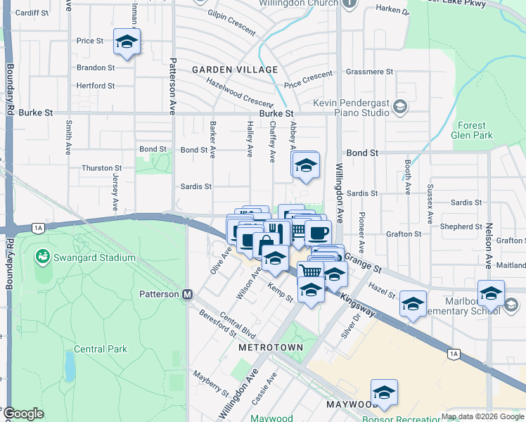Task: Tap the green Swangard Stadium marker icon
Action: point(44,257)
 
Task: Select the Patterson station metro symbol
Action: point(188,294)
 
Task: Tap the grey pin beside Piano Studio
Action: point(400,107)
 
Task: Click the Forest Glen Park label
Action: point(473,131)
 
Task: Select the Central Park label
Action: point(99,349)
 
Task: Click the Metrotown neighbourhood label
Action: point(271,347)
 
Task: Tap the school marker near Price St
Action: point(127,42)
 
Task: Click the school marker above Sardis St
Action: point(306,166)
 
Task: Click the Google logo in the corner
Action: point(24,414)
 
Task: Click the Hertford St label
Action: point(96,86)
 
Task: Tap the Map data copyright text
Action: point(483,416)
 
